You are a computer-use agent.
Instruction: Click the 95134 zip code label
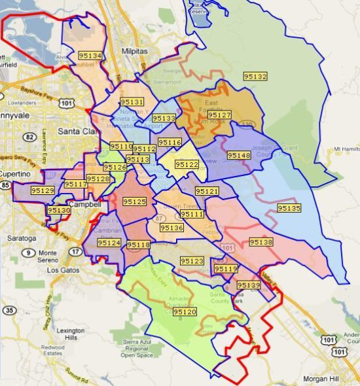[x=90, y=56]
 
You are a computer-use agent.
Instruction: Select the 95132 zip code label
[x=255, y=77]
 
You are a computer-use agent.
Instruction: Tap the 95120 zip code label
[x=185, y=312]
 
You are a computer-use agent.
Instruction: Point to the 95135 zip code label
[x=289, y=208]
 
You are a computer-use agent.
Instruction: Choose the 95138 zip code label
[x=261, y=242]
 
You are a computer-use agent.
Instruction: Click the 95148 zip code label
[x=239, y=155]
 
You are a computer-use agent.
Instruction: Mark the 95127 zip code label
[x=219, y=115]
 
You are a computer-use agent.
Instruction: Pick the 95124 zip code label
[x=109, y=243]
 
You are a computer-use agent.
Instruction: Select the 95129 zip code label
[x=43, y=190]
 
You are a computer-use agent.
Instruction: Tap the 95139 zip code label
[x=249, y=285]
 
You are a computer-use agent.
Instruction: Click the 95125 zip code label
[x=134, y=202]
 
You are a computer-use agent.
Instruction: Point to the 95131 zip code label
[x=132, y=102]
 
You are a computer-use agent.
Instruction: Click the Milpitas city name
[x=135, y=51]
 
